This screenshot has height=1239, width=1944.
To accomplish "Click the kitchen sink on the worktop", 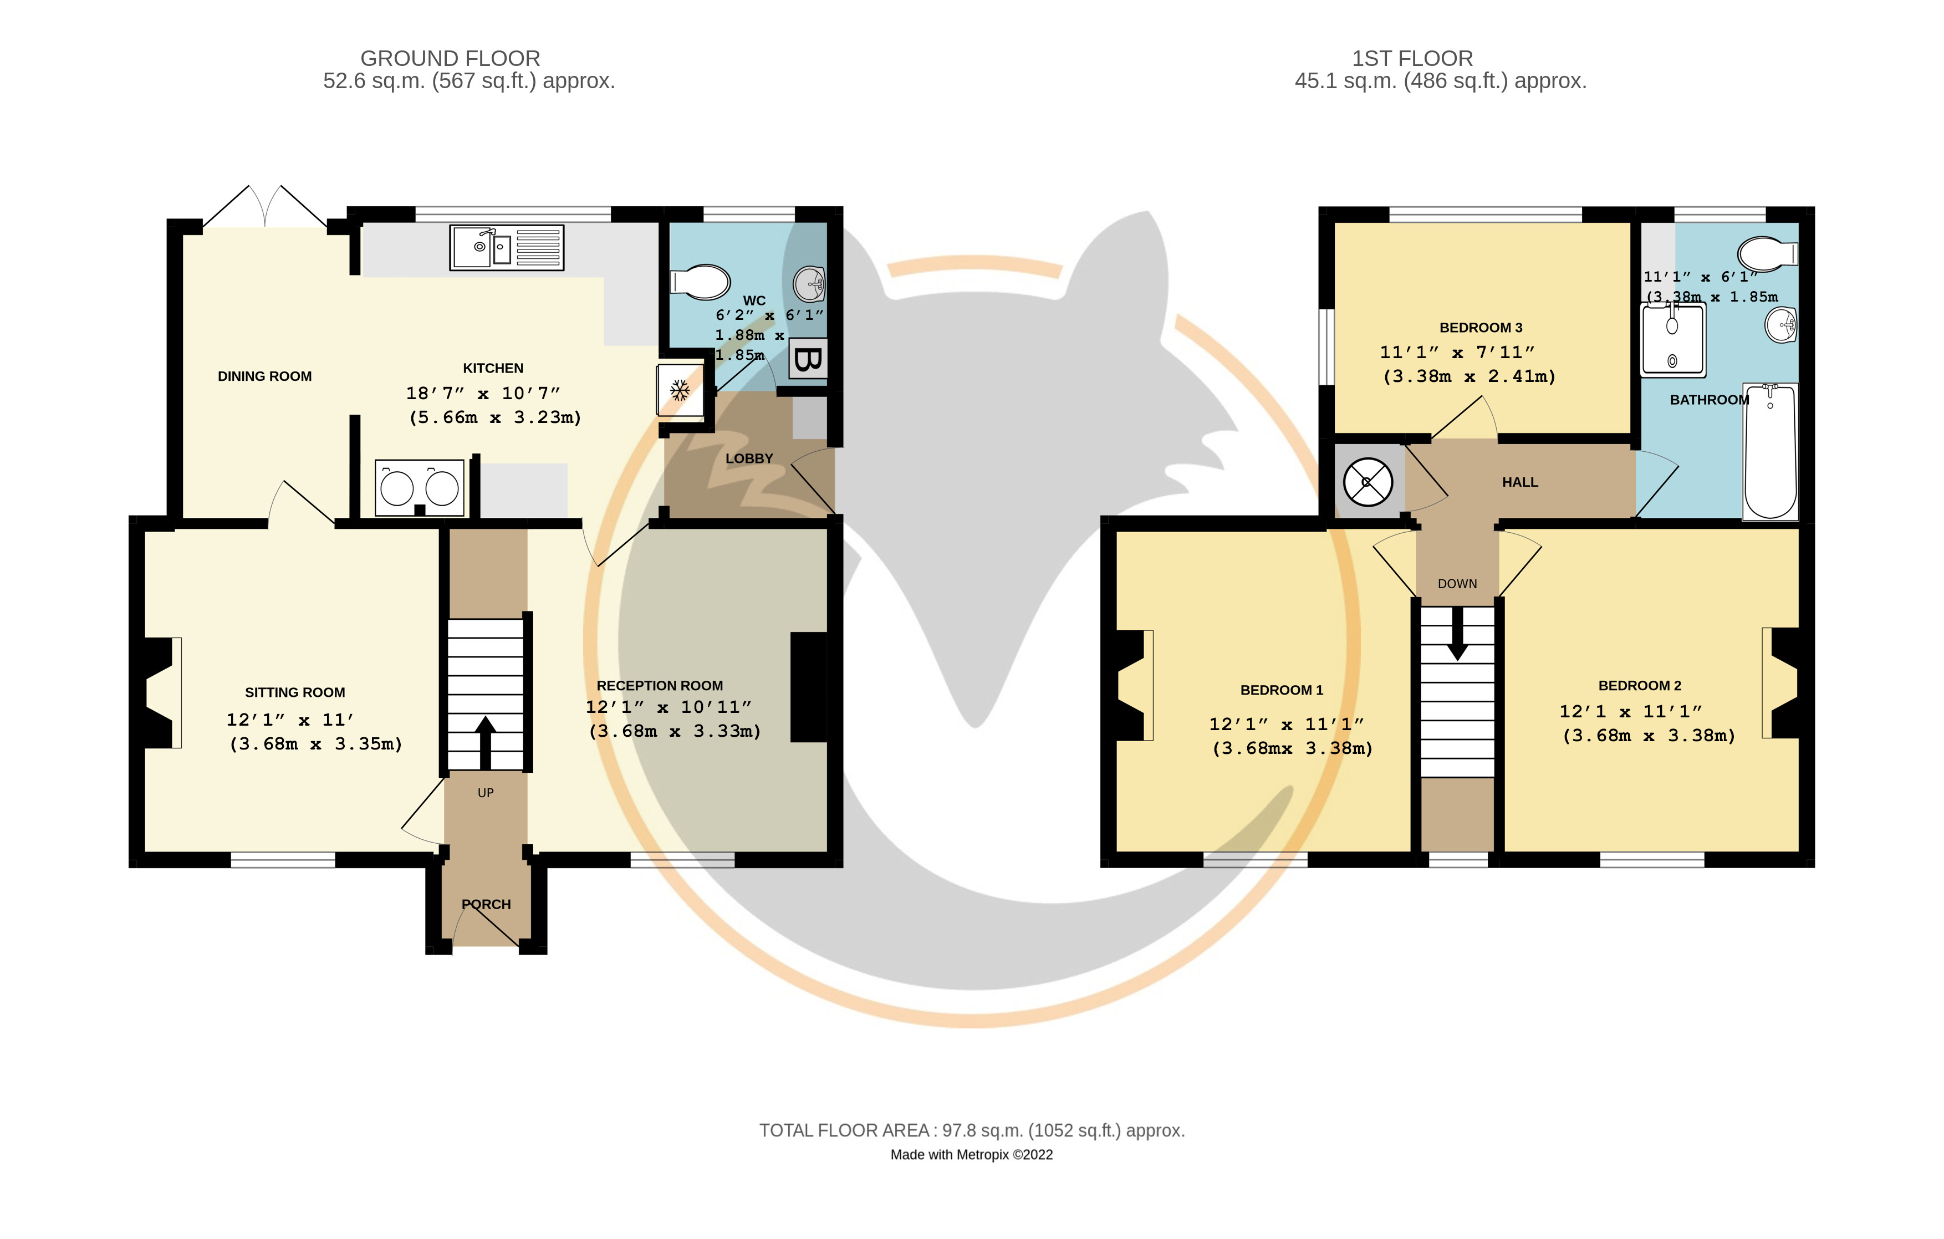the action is click(x=506, y=247).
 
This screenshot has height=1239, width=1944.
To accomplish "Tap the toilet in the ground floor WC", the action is click(x=699, y=282).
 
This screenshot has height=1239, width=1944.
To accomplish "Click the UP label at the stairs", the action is click(x=485, y=793).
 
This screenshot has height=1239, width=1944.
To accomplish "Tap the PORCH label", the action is click(x=486, y=904).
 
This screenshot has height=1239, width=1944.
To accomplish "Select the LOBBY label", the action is click(x=749, y=458).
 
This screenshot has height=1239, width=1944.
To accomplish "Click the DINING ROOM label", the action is click(x=265, y=376).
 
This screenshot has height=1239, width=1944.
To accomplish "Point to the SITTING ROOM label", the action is click(x=295, y=692).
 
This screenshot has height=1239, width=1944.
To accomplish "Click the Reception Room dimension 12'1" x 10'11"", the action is click(x=669, y=707).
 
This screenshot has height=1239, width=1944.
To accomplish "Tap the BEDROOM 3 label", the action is click(x=1481, y=328).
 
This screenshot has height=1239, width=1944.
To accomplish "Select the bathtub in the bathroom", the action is click(x=1770, y=451).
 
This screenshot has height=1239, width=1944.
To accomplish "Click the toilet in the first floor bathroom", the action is click(x=1767, y=254).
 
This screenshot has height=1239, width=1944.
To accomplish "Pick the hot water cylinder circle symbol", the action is click(x=1368, y=482).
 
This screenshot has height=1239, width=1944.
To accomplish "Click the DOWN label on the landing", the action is click(x=1457, y=584).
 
